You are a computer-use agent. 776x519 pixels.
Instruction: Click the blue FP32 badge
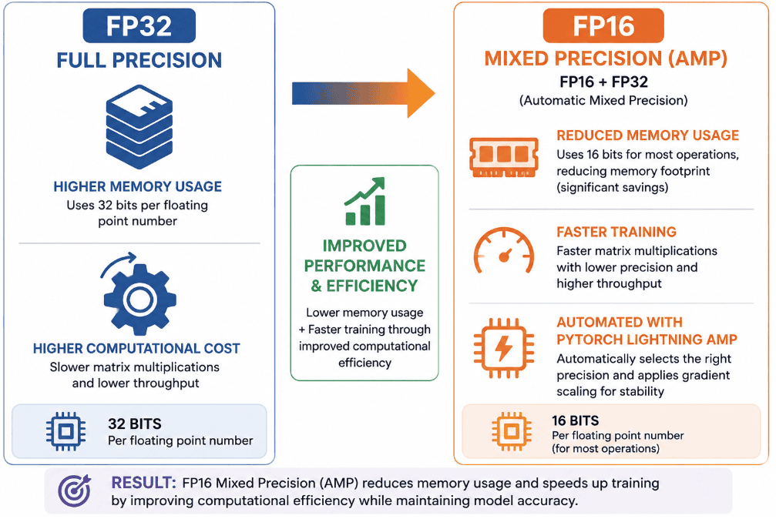click(x=139, y=25)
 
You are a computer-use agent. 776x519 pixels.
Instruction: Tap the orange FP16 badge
click(x=603, y=25)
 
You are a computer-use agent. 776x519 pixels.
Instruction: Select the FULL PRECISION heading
click(x=139, y=60)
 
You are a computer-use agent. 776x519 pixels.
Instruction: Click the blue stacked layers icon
click(x=139, y=126)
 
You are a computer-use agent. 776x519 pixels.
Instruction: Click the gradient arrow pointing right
click(x=363, y=93)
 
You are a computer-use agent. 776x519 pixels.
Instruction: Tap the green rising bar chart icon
click(x=364, y=202)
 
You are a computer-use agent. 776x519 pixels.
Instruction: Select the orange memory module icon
click(x=504, y=157)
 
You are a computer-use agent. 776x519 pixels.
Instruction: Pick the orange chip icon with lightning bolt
click(x=504, y=348)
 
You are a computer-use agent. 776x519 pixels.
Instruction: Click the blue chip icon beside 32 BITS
click(x=66, y=431)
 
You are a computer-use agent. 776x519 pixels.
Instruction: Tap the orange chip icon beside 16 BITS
click(x=512, y=431)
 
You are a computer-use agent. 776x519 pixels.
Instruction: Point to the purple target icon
click(x=75, y=491)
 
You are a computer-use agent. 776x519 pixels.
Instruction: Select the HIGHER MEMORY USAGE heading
click(x=138, y=186)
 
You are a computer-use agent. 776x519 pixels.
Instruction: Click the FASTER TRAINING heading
click(x=616, y=232)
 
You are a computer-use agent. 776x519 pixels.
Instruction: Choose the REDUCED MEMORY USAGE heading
click(x=648, y=136)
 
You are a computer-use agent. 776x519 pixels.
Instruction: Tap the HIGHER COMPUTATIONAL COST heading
click(x=136, y=349)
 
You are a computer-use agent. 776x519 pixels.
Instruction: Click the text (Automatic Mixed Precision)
click(x=603, y=100)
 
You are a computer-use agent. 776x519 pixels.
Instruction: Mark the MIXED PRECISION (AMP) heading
click(x=606, y=59)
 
